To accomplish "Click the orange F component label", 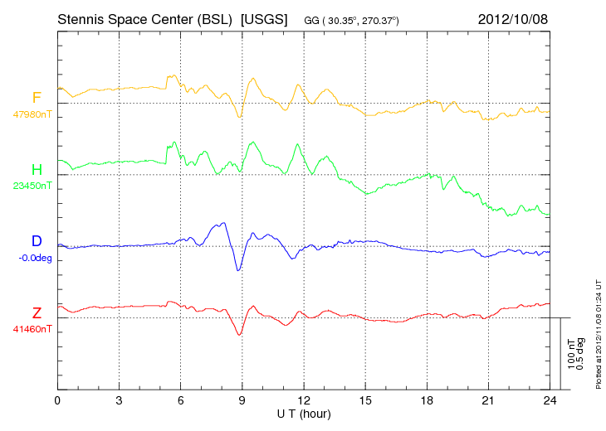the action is (37, 97).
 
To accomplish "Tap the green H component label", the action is (37, 169).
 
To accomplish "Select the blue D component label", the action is (37, 240).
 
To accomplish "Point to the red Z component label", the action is (37, 312).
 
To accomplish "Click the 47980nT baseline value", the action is (32, 114).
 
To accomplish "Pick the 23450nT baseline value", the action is (32, 186).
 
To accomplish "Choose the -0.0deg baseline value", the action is (35, 258).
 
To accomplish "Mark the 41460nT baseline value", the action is (32, 329).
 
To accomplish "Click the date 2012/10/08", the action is (513, 19).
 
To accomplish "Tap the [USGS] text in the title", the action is (264, 19).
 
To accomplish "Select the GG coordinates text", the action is (351, 21).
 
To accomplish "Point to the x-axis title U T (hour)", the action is (304, 414).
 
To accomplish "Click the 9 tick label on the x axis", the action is (242, 400).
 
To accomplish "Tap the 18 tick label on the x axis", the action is (427, 400).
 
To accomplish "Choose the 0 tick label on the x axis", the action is (57, 400).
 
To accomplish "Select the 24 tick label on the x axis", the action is (550, 400).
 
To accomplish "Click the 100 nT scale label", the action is (571, 354).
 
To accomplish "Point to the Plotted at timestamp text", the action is (599, 334).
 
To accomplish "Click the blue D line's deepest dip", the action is (238, 270).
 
